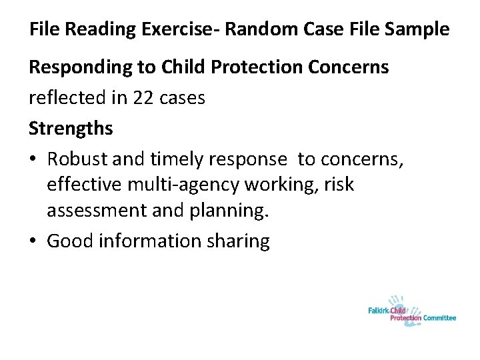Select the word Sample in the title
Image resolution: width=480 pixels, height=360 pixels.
coord(416,31)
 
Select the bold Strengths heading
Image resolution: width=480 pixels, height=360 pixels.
coord(71,128)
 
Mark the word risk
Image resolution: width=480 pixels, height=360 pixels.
coord(340,185)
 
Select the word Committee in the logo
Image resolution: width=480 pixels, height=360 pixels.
coord(439,319)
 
